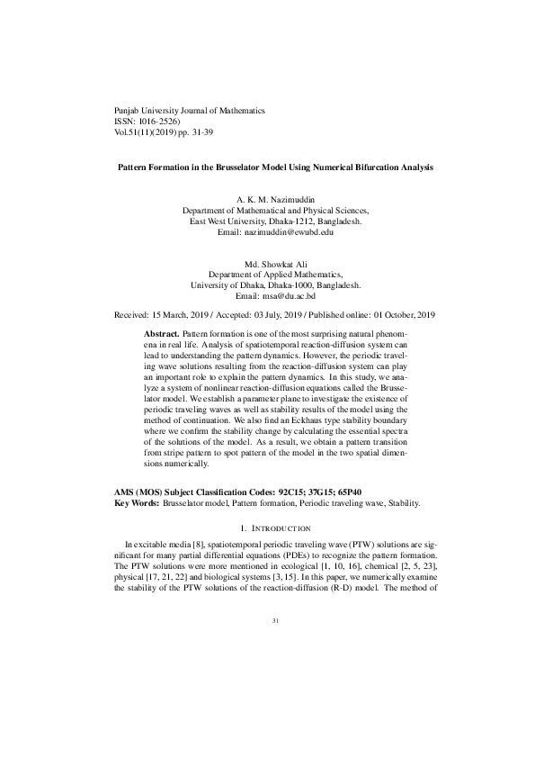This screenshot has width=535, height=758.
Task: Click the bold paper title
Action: click(x=267, y=167)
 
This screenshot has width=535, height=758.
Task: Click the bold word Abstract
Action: click(x=161, y=333)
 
